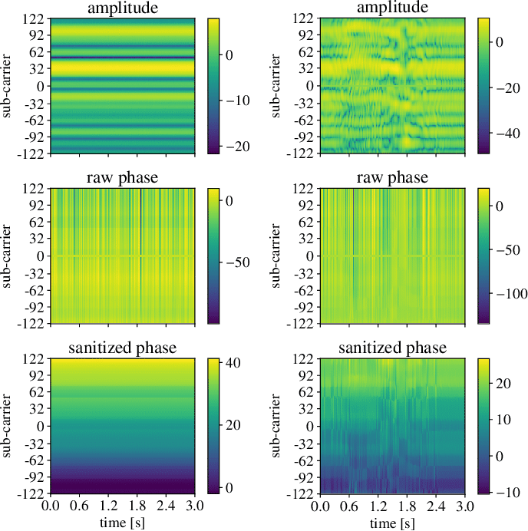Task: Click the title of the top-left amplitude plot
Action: (x=123, y=8)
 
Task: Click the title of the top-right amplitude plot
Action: (x=392, y=8)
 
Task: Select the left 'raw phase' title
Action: (x=122, y=177)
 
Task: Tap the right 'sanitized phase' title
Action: (x=392, y=348)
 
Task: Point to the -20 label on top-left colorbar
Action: (x=238, y=147)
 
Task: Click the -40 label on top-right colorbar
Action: (x=508, y=134)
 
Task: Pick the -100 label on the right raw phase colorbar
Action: (x=511, y=294)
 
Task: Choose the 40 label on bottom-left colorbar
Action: (x=233, y=363)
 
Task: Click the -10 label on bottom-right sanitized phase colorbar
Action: (x=508, y=493)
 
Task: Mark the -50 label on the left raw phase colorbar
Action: (x=238, y=262)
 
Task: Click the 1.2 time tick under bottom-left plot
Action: (x=108, y=506)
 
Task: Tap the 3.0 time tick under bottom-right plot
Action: (x=464, y=506)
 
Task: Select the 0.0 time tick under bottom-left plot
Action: (x=51, y=506)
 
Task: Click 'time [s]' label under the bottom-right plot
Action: (x=392, y=523)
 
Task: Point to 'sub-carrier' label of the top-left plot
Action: (x=6, y=86)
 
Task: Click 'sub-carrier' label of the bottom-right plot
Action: (x=276, y=426)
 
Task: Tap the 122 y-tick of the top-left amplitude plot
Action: (x=33, y=18)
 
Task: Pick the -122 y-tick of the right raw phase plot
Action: (x=301, y=324)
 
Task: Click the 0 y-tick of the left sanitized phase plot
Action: (x=41, y=426)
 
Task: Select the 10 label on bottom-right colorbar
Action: (x=503, y=420)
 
